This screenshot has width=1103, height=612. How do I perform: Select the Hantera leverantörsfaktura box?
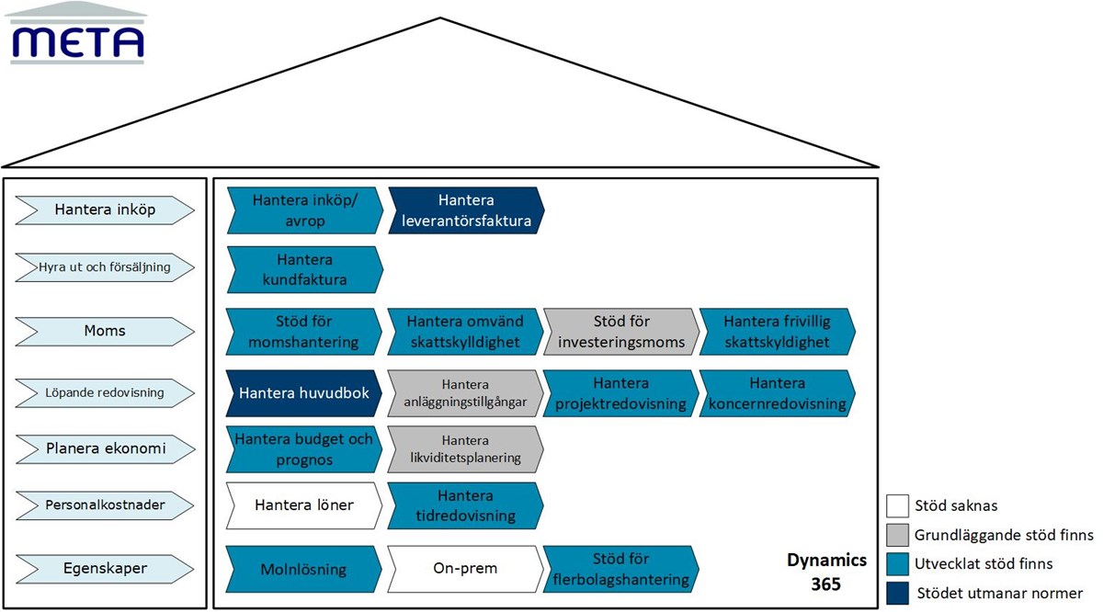465,210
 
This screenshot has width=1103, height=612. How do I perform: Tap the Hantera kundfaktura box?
303,270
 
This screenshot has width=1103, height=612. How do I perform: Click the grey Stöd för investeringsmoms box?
620,332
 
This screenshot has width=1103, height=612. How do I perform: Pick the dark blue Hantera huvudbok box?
303,393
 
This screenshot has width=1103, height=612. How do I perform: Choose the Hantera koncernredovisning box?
776,393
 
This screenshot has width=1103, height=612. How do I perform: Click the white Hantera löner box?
303,504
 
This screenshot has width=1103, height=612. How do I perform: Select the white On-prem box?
464,568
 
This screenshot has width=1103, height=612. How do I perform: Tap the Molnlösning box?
303,569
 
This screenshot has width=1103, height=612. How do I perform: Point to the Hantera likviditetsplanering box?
464,448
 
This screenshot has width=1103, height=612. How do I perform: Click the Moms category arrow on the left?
105,330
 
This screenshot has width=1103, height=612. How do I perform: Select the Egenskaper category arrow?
105,568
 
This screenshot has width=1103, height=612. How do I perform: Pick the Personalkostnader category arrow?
105,504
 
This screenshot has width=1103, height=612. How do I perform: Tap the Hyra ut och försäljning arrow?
105,267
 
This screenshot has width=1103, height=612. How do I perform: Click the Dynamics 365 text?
825,571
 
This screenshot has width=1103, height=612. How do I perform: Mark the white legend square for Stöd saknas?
897,505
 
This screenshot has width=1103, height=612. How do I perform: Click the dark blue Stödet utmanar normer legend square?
897,593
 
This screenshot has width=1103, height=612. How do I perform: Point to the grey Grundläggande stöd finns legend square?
897,535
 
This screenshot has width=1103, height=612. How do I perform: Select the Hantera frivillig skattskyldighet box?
776,332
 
